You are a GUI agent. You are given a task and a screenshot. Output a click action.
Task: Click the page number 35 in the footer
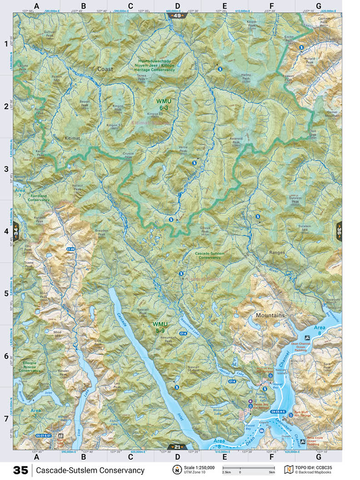click(x=20, y=470)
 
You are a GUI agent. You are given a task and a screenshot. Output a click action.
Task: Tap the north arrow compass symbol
click(x=175, y=470)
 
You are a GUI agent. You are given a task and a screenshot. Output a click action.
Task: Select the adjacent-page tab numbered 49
click(x=177, y=15)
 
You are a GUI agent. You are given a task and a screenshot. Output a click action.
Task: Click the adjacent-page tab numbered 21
click(x=177, y=447)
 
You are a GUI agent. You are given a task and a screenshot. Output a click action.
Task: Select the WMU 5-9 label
click(x=160, y=327)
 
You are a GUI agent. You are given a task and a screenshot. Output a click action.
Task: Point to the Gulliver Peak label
click(x=50, y=34)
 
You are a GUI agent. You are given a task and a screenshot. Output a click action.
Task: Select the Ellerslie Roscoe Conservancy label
click(x=32, y=366)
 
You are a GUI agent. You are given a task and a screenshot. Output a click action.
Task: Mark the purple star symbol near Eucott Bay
click(x=250, y=402)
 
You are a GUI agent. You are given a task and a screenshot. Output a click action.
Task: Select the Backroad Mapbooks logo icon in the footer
click(x=287, y=470)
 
